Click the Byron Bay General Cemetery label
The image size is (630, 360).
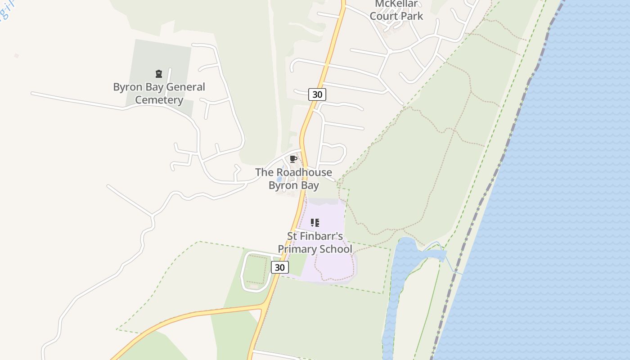point(159,93)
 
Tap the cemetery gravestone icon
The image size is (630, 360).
point(158,74)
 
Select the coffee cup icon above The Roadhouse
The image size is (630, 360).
point(293,159)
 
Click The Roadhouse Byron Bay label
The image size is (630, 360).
point(293,179)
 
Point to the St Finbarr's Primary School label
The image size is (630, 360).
point(315,243)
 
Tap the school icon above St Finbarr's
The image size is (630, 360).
point(315,222)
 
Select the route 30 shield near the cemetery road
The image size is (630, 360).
point(317,94)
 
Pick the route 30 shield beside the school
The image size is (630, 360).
point(279,267)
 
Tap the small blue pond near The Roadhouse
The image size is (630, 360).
point(279,179)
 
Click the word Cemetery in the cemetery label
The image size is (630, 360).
point(159,100)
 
